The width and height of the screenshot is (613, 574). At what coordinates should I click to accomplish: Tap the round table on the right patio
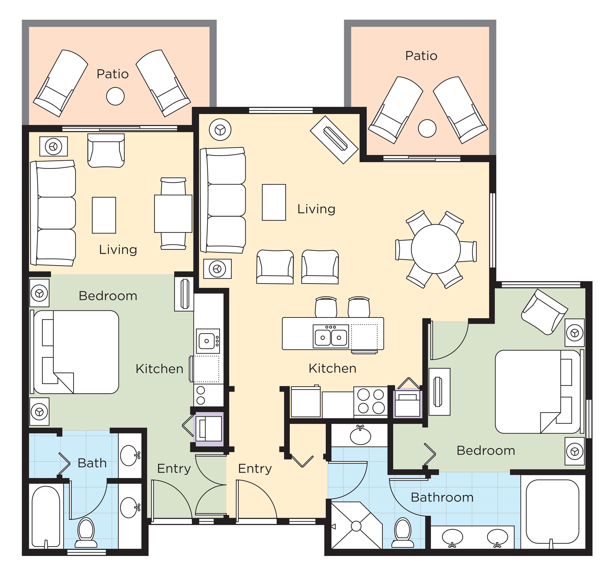point(427,128)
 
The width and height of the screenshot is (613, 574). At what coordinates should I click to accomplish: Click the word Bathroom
point(442,497)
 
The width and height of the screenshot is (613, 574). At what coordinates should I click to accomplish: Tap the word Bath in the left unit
point(92,463)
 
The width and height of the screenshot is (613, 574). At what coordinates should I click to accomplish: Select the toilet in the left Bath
point(86,530)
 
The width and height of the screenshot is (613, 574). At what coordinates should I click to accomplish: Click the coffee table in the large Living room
point(274,202)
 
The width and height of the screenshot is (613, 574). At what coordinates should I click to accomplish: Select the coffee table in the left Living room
point(104,215)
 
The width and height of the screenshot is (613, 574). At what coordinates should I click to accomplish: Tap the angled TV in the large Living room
point(334,140)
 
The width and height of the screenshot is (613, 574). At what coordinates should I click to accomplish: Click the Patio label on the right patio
point(421,56)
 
